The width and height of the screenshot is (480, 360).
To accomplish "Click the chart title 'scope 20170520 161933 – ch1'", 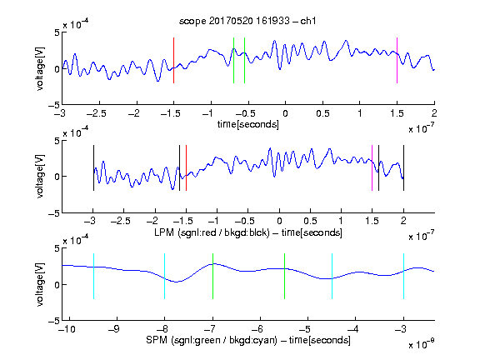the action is (x=247, y=21).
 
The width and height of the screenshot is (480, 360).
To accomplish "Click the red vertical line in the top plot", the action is (x=173, y=60).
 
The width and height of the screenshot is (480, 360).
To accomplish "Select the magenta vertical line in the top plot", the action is (x=397, y=60).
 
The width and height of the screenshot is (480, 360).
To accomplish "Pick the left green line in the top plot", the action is (x=233, y=60).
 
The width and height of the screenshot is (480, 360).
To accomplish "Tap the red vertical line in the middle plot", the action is (x=186, y=168).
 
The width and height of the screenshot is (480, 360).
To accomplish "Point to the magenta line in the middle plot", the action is (x=372, y=168).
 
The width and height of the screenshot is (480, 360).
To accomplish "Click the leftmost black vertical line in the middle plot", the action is (x=93, y=168).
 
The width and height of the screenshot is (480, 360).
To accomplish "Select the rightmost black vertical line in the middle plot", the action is (x=403, y=168).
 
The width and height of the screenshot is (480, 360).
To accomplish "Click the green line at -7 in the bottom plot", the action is (x=212, y=276).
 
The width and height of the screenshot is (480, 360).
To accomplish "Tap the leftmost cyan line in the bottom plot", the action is (x=93, y=276).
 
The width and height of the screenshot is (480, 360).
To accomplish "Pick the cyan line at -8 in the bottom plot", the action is (x=164, y=276).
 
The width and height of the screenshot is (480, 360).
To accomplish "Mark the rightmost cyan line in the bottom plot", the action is (x=403, y=276).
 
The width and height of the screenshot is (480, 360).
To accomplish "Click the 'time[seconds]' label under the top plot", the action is (x=248, y=124).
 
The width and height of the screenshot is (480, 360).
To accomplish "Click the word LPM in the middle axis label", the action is (x=164, y=232).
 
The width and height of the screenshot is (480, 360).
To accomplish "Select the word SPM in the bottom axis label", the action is (x=157, y=340).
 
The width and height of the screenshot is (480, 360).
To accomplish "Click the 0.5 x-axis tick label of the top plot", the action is (x=322, y=113).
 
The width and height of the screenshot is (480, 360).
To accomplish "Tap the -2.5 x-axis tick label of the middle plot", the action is (x=120, y=221).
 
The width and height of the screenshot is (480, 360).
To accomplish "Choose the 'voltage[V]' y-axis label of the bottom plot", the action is (x=40, y=284).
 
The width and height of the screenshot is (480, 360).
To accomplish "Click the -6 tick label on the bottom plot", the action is (x=259, y=329).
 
